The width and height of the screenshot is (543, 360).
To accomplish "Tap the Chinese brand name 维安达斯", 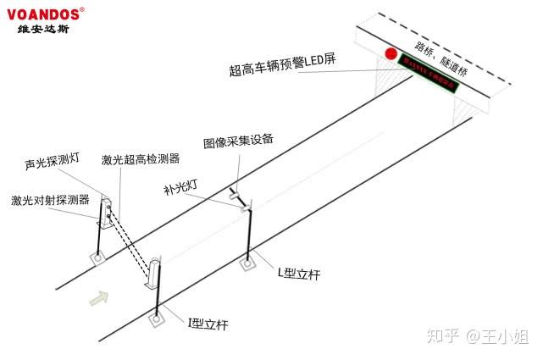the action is click(x=45, y=30).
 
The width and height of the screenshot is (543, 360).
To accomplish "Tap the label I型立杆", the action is click(x=208, y=324).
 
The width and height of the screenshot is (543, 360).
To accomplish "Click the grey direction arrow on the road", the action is click(x=99, y=296).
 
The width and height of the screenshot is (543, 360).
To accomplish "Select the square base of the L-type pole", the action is click(x=247, y=263).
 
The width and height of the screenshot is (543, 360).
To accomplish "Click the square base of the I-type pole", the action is click(x=157, y=319).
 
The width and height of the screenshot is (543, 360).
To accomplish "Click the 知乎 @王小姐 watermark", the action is click(x=483, y=337).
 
